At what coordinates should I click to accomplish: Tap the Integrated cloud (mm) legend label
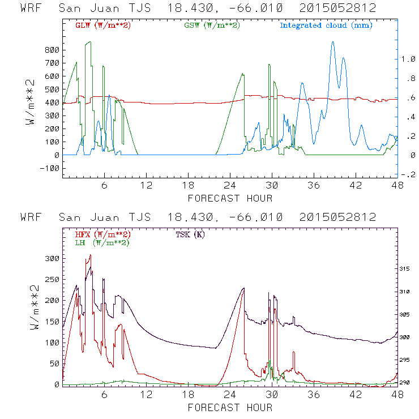326,25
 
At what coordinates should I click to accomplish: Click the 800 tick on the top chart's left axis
52,50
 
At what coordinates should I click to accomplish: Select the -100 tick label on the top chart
49,168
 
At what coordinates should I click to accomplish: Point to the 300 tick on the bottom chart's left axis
52,258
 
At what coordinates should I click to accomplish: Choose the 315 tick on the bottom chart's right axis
408,268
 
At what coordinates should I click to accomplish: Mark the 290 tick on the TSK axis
408,383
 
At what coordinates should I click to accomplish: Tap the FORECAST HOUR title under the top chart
230,198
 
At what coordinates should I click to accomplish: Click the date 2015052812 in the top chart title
338,8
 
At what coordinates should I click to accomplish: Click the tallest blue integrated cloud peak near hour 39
333,42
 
